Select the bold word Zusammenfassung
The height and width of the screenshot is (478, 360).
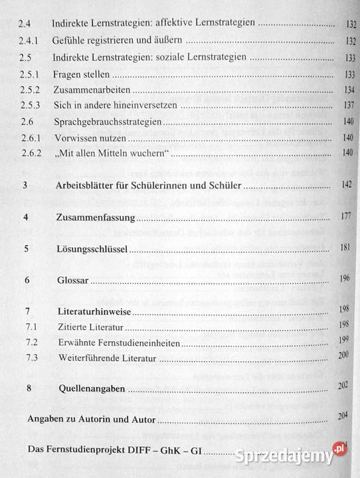click(96, 217)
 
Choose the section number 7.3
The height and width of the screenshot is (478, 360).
click(30, 358)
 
